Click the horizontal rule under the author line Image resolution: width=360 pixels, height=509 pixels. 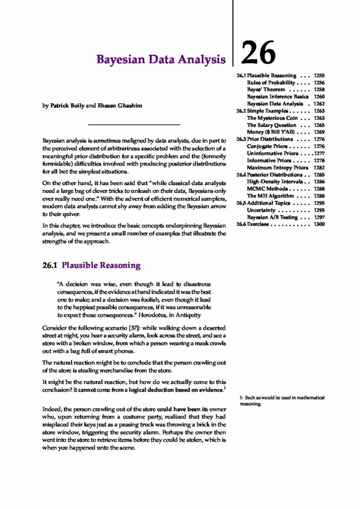point(133,124)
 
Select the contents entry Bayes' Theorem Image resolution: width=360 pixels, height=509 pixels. point(266,89)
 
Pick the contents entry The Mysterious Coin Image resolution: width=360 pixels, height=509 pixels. point(272,118)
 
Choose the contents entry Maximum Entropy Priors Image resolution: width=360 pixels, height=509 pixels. point(277,168)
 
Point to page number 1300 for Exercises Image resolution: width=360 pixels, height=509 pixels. point(319,225)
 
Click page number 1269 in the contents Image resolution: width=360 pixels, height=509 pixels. point(319,132)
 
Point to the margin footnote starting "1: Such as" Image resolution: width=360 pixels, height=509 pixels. point(282,401)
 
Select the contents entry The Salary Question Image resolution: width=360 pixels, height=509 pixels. point(271,125)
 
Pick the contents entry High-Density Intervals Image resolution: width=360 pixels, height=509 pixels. point(275,182)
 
